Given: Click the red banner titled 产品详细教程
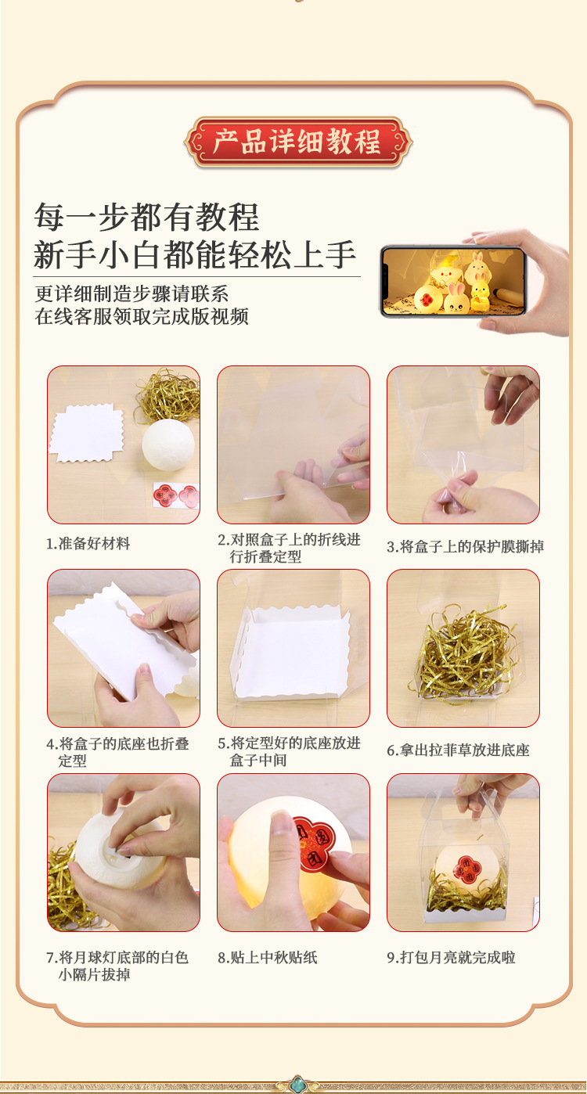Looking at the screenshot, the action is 298,142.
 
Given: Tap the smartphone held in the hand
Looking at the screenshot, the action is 452,281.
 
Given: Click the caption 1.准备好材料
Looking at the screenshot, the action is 88,544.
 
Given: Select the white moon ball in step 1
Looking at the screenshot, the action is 168,445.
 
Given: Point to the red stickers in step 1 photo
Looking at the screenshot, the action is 176,495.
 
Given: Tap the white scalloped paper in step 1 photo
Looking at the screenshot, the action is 87,433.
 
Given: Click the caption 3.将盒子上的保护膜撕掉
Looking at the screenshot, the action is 466,546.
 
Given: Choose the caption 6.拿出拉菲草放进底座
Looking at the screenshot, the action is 458,750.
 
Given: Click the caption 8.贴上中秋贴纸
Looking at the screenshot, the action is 268,958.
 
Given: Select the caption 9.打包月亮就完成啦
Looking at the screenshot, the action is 452,958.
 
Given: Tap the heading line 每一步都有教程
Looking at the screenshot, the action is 146,217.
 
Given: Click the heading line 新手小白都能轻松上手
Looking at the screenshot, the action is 195,255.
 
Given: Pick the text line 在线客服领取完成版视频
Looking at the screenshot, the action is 142,316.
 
